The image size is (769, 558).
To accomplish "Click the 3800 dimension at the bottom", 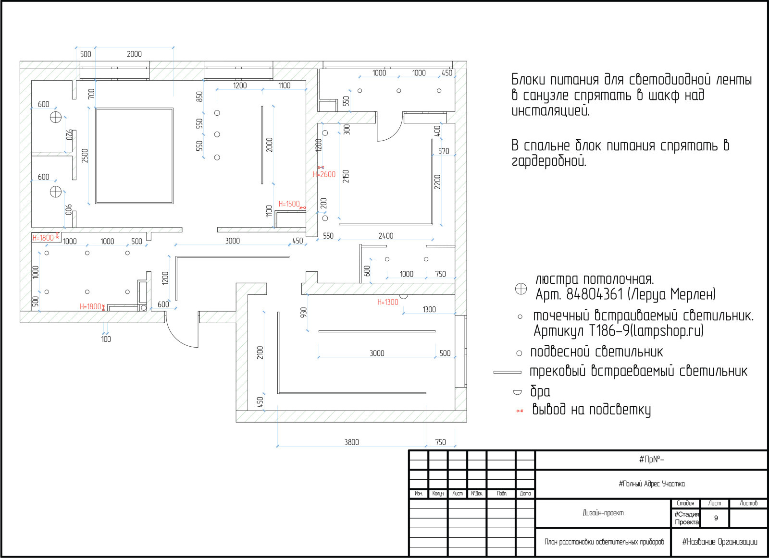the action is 351,442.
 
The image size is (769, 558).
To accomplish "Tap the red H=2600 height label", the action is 324,174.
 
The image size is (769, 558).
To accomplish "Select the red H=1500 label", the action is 289,204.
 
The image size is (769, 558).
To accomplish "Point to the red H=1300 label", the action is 387,302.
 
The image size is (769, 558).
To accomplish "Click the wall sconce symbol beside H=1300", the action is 403,297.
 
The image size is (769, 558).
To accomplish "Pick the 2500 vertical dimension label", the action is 85,156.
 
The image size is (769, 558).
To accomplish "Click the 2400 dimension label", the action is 385,236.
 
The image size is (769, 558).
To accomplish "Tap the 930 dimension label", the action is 303,312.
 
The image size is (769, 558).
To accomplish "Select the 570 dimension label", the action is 444,151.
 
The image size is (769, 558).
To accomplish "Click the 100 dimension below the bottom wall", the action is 106,339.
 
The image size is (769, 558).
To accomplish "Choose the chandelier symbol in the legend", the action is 521,289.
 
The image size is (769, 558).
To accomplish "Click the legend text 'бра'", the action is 540,391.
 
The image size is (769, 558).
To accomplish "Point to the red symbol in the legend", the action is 520,411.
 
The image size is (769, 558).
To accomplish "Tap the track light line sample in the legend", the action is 507,372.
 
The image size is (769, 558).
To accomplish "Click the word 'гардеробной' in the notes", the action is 548,161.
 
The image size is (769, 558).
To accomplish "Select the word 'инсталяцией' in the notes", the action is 550,110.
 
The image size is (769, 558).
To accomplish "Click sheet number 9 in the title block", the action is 716,518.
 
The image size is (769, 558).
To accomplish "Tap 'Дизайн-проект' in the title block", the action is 603,513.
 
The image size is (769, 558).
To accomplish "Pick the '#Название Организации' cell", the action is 719,542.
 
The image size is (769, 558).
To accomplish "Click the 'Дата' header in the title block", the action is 525,494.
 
